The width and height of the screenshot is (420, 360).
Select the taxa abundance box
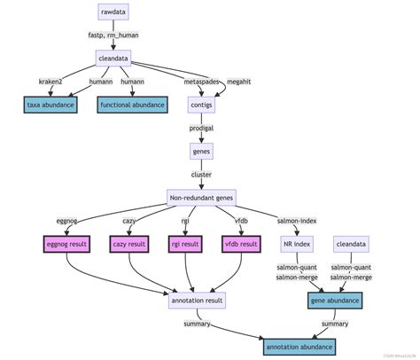click(51, 105)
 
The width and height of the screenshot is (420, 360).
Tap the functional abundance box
click(132, 105)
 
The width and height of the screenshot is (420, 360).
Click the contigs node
click(201, 105)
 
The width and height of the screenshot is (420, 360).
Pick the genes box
click(201, 151)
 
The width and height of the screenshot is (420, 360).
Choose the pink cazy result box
click(130, 243)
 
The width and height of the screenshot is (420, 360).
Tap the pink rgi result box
click(188, 243)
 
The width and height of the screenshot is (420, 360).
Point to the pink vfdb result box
click(241, 243)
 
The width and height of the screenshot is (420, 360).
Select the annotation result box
click(196, 301)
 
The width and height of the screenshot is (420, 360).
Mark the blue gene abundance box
click(335, 301)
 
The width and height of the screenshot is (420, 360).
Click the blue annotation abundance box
click(304, 347)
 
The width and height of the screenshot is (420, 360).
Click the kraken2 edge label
click(51, 82)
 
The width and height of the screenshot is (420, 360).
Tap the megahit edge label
click(238, 82)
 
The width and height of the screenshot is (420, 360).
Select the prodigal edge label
click(201, 128)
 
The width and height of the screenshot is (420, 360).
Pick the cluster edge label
click(201, 174)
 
